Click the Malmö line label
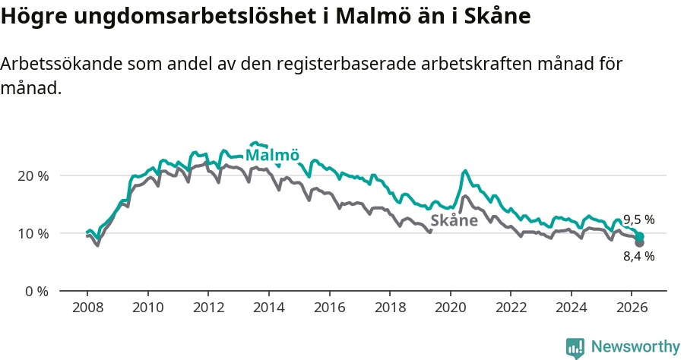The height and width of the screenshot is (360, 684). click(273, 155)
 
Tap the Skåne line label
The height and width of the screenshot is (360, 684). click(454, 220)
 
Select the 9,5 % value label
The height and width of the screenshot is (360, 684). click(638, 219)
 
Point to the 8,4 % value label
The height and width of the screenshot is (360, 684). click(638, 256)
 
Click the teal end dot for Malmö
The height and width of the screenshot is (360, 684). click(639, 237)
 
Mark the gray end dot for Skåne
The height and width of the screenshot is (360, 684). click(639, 243)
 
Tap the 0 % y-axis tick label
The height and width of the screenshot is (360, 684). click(36, 291)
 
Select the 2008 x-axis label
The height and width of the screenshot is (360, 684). click(87, 308)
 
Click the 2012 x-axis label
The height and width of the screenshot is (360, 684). click(208, 308)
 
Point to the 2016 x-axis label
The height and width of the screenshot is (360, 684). click(329, 308)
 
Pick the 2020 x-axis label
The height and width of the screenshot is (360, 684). click(451, 308)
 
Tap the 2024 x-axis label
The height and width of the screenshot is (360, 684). click(572, 308)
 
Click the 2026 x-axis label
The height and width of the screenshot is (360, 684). click(632, 308)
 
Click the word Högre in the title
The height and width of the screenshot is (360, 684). click(33, 17)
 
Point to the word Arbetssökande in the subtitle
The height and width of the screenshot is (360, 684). click(61, 64)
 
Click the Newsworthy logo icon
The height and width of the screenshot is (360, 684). click(575, 348)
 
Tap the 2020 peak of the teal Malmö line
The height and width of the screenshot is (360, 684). click(465, 171)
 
